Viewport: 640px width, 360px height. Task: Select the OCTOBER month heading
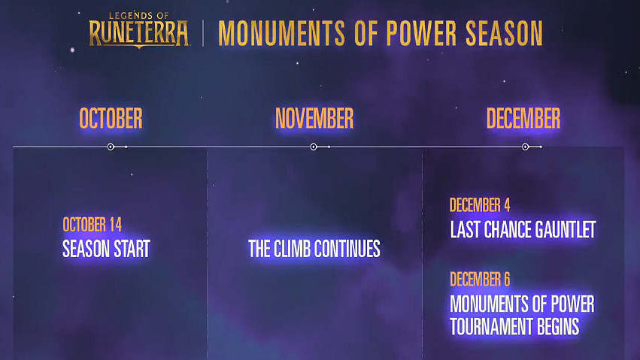point(111,119)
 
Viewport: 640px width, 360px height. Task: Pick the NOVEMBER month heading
point(314,119)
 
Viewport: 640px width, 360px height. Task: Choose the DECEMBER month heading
point(523,119)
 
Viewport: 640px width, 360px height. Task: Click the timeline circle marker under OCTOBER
point(111,147)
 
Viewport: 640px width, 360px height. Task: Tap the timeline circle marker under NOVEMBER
point(314,147)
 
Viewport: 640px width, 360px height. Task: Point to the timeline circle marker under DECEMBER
point(525,147)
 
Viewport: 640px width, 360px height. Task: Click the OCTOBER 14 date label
point(92,224)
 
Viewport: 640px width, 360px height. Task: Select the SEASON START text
point(106,248)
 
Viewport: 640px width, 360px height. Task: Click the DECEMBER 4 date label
point(480,205)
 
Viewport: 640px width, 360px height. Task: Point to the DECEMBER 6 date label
point(480,280)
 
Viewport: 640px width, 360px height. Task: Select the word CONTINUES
point(349,249)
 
